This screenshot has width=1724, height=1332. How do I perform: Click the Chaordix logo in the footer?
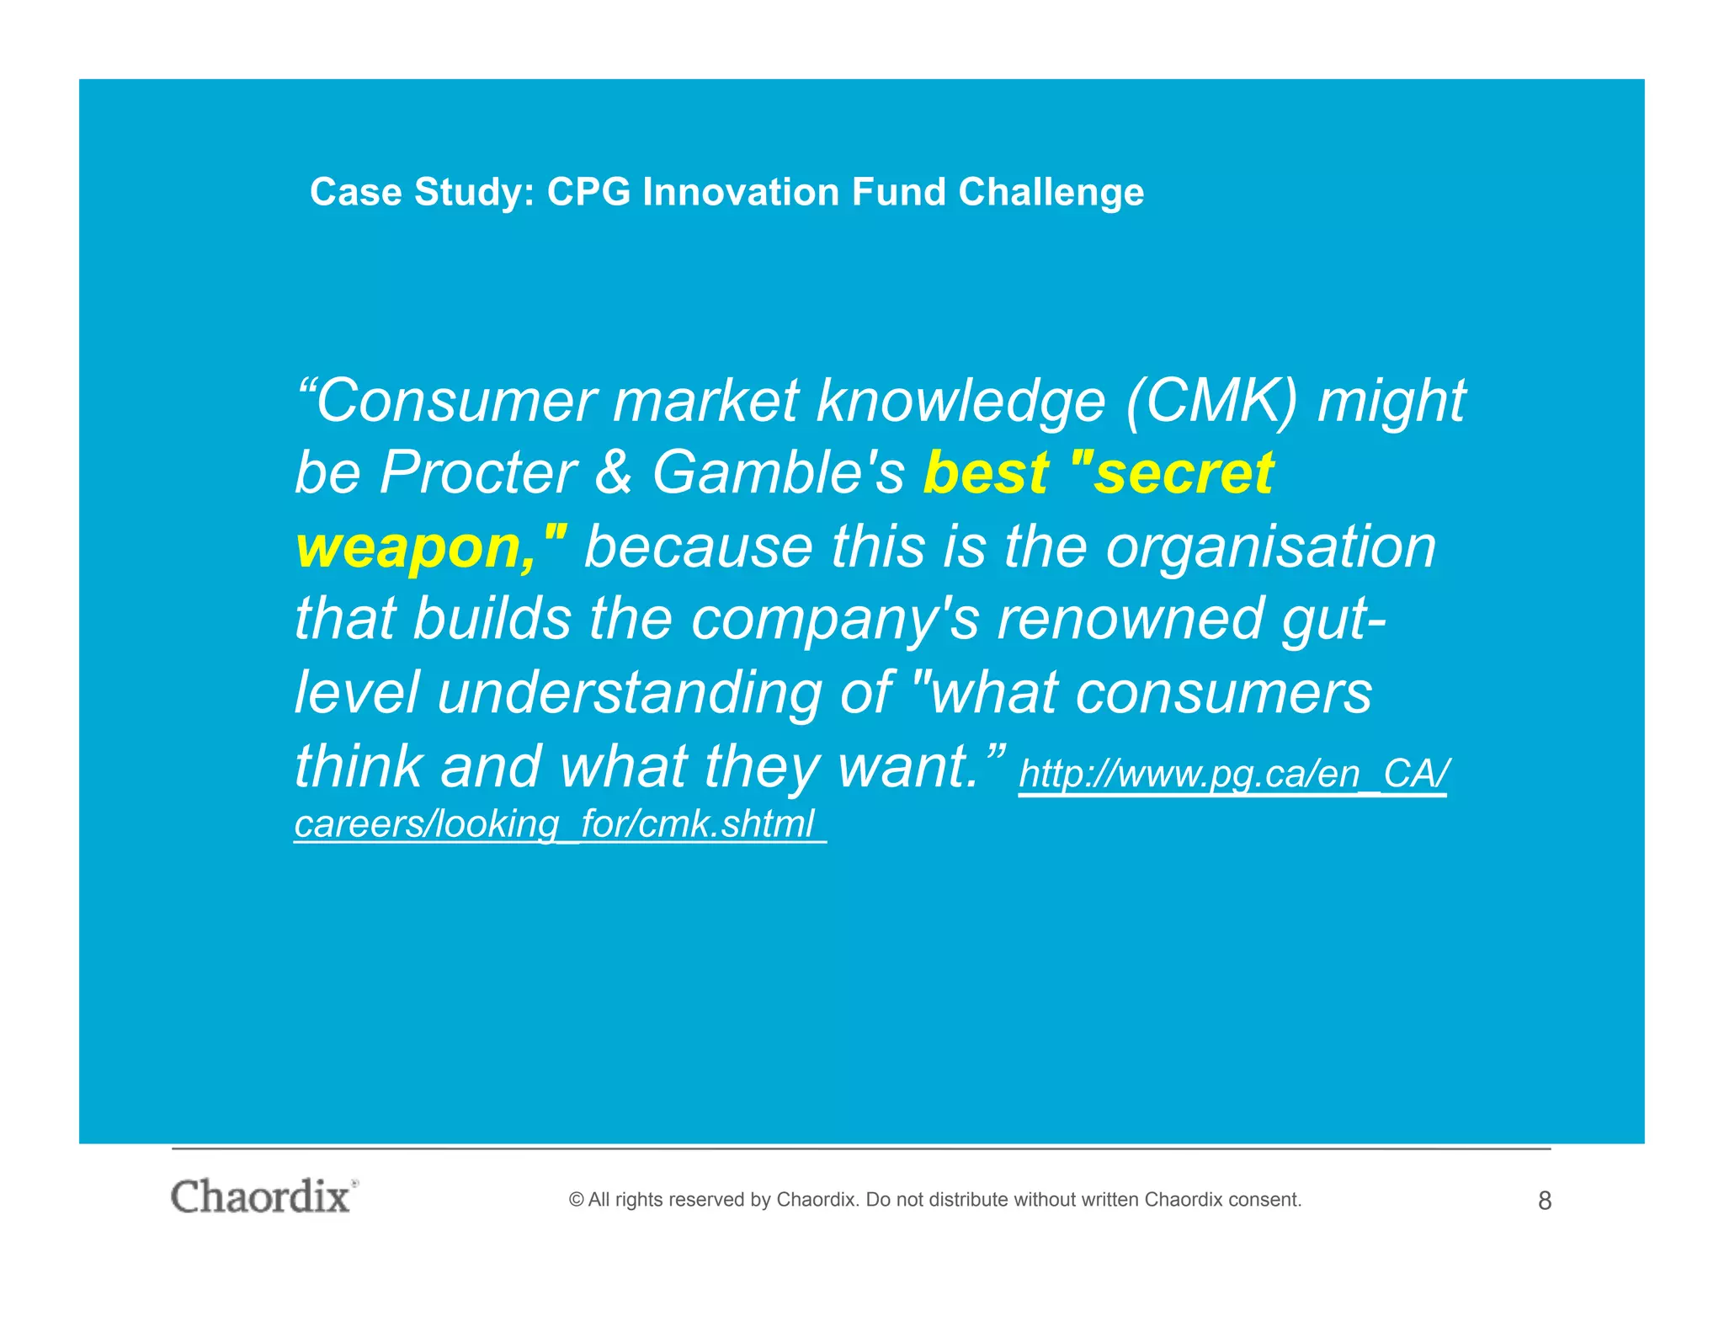point(263,1196)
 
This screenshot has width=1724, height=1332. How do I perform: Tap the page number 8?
point(1544,1201)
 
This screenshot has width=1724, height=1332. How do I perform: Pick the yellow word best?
point(986,473)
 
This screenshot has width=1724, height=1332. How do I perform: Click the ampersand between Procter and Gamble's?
point(613,473)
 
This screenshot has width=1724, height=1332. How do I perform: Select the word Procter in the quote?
point(477,473)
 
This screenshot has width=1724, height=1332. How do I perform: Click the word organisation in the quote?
point(1270,547)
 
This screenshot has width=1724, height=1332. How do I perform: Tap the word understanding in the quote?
point(629,694)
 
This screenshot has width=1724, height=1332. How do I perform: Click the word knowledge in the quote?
point(960,401)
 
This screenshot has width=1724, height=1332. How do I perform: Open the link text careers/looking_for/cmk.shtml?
point(556,823)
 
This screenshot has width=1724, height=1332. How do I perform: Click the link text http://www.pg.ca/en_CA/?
point(1233,774)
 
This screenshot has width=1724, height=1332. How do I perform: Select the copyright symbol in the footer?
point(577,1200)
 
